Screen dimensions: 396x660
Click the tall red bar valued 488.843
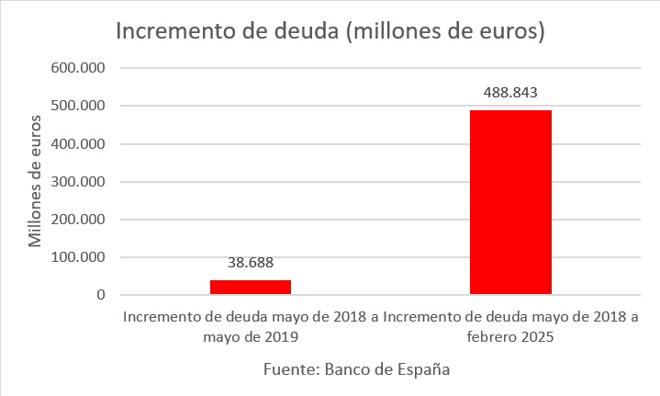pyautogui.click(x=510, y=202)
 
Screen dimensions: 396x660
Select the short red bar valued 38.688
pyautogui.click(x=251, y=288)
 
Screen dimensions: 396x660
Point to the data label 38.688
pyautogui.click(x=251, y=262)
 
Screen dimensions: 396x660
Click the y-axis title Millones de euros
pyautogui.click(x=36, y=182)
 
